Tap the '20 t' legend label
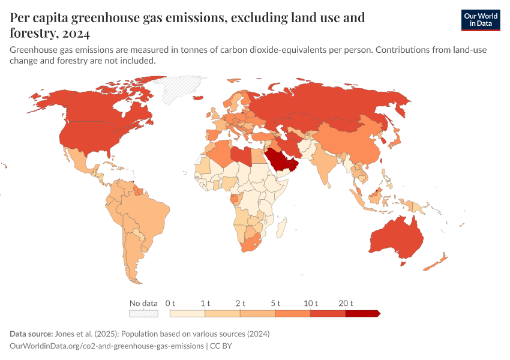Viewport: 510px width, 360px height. [x=346, y=303]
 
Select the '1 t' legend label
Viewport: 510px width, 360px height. [x=206, y=303]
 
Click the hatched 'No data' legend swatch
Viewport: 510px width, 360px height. [x=143, y=313]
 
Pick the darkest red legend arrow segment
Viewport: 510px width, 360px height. [x=363, y=313]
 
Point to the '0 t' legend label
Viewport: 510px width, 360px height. [x=170, y=303]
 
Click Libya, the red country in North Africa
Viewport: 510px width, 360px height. [x=242, y=156]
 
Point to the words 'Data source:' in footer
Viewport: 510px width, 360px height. [x=31, y=334]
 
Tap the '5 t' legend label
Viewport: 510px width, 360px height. [x=276, y=303]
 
